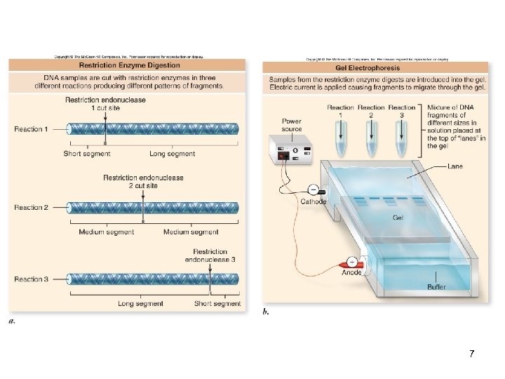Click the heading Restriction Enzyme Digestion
pyautogui.click(x=128, y=65)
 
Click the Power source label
pyautogui.click(x=292, y=125)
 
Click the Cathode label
pyautogui.click(x=313, y=201)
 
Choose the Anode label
pyautogui.click(x=352, y=272)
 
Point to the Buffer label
pyautogui.click(x=436, y=287)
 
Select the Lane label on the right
pyautogui.click(x=456, y=167)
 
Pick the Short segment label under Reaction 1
pyautogui.click(x=87, y=154)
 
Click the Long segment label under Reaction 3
pyautogui.click(x=141, y=304)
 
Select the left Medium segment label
pyautogui.click(x=107, y=232)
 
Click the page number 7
pyautogui.click(x=472, y=352)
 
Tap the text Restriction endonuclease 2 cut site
pyautogui.click(x=143, y=182)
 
